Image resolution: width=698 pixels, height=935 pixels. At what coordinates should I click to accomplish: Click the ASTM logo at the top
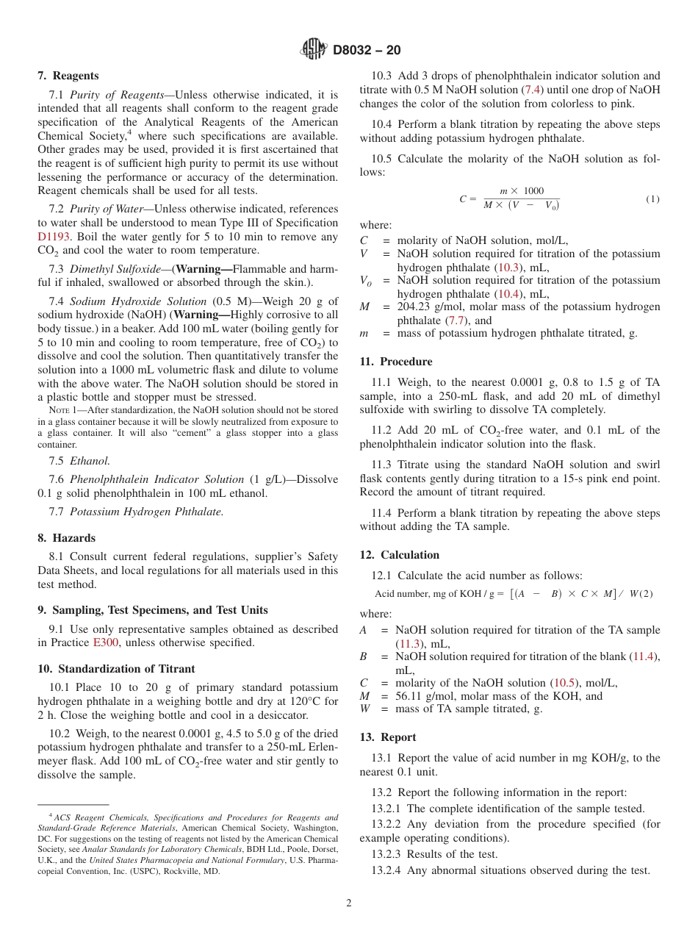314,49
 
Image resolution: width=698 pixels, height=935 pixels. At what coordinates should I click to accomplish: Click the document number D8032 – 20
367,51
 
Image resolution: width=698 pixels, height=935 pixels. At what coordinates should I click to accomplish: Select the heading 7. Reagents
68,76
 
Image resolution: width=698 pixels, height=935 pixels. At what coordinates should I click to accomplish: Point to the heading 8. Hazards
66,538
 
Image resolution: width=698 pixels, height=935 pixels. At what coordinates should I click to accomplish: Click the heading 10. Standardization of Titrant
116,669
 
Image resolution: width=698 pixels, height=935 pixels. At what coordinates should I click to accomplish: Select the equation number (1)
652,199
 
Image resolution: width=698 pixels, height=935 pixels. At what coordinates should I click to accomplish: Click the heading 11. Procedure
396,362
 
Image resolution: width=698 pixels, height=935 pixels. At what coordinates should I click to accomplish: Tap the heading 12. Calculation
399,555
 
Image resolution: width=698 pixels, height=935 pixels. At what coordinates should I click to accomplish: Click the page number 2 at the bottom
349,903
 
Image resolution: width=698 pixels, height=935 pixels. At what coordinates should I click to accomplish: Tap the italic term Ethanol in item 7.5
90,461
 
